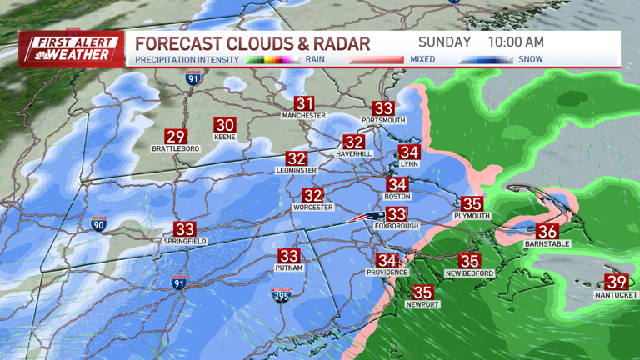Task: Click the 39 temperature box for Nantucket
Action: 617,282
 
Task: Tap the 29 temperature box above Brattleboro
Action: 175,137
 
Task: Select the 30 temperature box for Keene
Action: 225,125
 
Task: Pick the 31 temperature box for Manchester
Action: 304,103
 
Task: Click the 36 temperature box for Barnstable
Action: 547,232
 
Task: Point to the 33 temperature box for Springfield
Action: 184,229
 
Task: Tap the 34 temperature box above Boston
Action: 397,184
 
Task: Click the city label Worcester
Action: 312,207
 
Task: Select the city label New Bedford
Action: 470,273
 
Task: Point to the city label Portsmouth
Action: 383,121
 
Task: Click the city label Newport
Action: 422,304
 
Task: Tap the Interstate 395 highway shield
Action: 281,293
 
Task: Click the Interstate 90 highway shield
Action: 98,224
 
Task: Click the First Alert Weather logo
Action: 72,49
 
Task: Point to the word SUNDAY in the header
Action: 445,42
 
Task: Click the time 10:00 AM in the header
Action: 516,42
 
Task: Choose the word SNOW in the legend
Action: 530,60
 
